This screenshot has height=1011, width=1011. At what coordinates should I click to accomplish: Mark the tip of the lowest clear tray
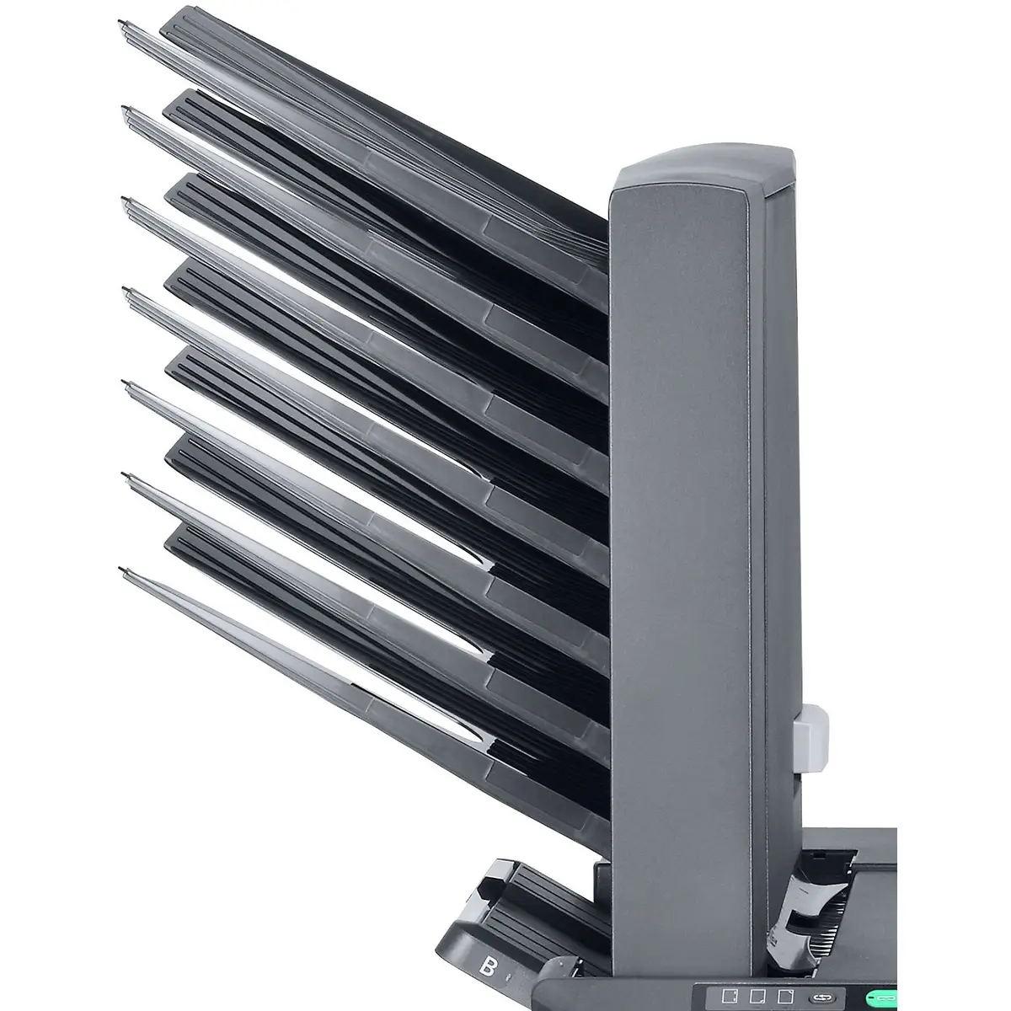[125, 571]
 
